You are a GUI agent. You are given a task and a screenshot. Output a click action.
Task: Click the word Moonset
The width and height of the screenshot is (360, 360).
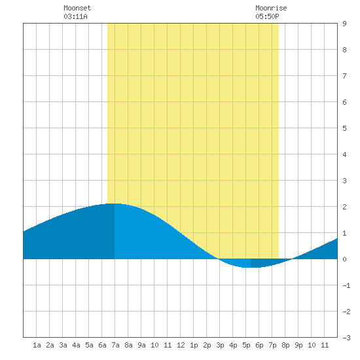click(77, 8)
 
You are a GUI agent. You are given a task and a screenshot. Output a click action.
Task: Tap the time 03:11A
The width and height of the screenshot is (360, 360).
click(75, 16)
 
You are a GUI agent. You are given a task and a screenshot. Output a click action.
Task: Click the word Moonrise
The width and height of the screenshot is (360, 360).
click(271, 8)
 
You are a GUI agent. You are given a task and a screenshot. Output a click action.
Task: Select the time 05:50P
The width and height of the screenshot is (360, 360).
click(267, 16)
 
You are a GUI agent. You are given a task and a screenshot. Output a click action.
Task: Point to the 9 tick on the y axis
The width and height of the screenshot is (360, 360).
click(344, 24)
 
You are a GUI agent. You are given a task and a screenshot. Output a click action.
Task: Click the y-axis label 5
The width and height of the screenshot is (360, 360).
click(344, 128)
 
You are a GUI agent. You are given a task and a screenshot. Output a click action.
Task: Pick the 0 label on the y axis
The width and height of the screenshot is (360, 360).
click(344, 259)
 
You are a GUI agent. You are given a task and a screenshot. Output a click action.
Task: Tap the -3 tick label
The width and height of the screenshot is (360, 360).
click(346, 338)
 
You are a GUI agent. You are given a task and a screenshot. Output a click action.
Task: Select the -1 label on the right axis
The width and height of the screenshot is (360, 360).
click(346, 285)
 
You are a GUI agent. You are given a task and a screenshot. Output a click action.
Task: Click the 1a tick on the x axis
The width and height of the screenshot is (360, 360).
click(37, 345)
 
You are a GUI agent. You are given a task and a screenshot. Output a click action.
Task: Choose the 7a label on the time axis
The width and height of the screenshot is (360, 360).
click(115, 345)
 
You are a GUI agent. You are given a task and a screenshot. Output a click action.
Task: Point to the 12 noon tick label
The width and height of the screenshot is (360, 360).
click(181, 345)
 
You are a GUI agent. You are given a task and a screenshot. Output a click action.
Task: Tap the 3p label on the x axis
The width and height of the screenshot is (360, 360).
click(220, 345)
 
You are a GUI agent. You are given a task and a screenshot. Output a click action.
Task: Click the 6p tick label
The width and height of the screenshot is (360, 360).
click(259, 345)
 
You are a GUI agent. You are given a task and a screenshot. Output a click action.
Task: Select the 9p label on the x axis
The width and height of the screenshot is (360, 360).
click(298, 345)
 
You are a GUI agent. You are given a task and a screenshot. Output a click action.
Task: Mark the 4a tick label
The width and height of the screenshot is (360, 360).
click(76, 345)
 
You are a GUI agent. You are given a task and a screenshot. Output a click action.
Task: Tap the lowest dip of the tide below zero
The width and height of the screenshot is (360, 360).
click(249, 267)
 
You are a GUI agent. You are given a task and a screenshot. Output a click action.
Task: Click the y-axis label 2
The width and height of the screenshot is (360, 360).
click(344, 207)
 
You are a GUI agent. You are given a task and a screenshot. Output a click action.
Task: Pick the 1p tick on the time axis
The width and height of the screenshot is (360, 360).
click(194, 345)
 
